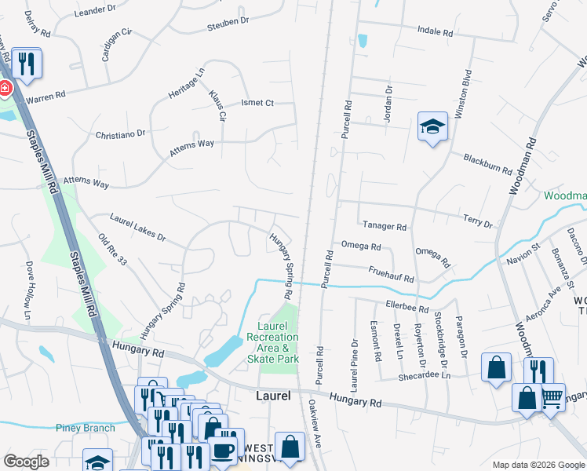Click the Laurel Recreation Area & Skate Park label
point(279,342)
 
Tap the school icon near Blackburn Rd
point(432,127)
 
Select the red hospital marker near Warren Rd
point(5,88)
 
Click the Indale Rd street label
point(436,33)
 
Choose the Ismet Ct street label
point(257,103)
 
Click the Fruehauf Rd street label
point(390,274)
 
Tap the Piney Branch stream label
point(85,428)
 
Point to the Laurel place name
point(274,396)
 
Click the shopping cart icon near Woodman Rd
point(552,397)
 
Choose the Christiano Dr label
point(120,134)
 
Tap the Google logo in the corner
point(27,462)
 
